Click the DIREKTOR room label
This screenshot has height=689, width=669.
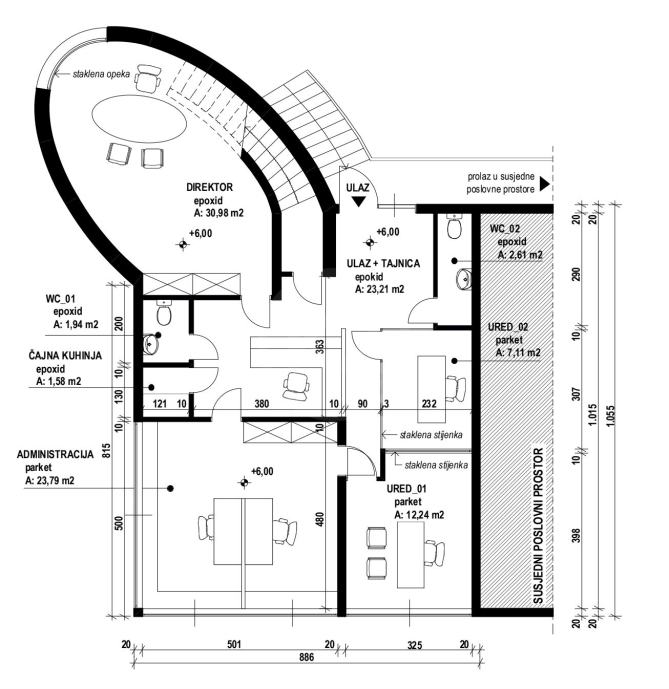click(x=209, y=187)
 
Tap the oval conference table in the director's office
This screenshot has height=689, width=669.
click(x=139, y=119)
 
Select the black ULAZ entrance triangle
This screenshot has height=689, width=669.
click(x=359, y=201)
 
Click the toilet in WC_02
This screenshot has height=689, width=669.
click(x=454, y=226)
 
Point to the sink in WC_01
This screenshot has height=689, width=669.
click(x=150, y=344)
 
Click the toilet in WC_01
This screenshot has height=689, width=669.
click(x=164, y=312)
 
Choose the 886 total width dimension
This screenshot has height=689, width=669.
click(x=307, y=657)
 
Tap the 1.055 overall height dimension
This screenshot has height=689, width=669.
click(x=608, y=415)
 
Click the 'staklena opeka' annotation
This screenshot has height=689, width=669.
click(x=101, y=74)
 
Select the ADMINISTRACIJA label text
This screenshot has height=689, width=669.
click(x=55, y=454)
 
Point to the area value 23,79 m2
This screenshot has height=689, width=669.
click(x=50, y=481)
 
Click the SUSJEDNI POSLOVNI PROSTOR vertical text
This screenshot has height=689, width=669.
click(x=538, y=526)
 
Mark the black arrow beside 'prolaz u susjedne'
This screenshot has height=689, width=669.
click(x=544, y=184)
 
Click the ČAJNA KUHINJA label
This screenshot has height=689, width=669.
click(x=65, y=355)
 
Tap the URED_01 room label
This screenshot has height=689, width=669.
click(x=406, y=489)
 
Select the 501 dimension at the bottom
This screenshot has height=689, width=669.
click(x=234, y=644)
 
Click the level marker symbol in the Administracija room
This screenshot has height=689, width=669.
click(x=245, y=482)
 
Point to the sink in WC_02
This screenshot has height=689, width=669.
click(x=463, y=279)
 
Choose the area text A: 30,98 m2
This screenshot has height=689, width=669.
click(x=218, y=214)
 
